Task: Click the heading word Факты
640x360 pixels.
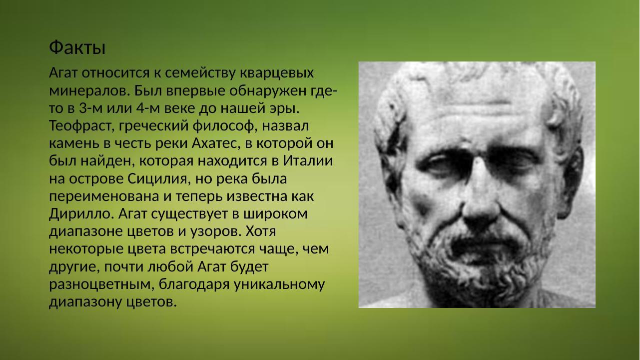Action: click(77, 48)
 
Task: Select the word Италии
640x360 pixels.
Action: click(308, 160)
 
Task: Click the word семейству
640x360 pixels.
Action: click(200, 73)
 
